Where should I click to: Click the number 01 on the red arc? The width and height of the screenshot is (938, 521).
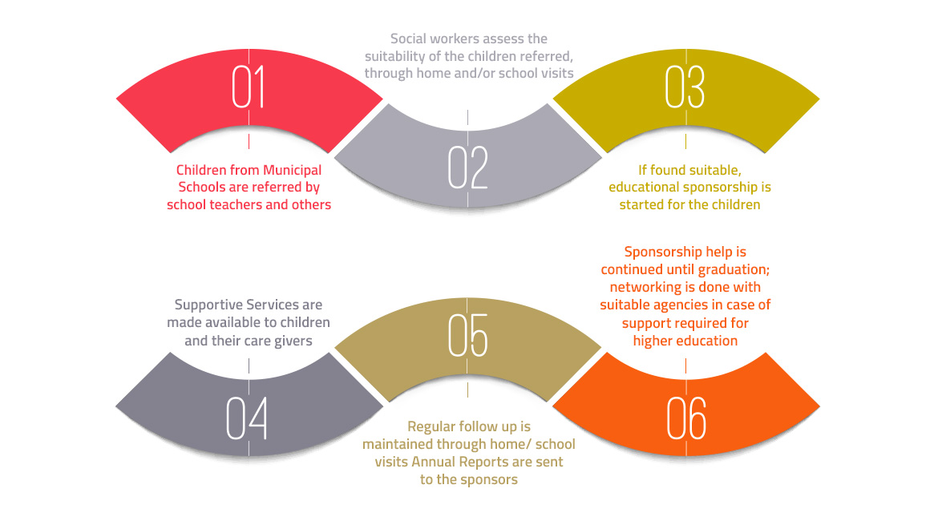[249, 87]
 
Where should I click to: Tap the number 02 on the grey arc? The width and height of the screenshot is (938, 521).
[468, 168]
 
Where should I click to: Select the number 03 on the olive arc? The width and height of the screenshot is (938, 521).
[685, 87]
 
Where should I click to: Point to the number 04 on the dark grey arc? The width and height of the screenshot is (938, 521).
[246, 418]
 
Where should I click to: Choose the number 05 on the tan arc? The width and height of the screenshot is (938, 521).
[468, 335]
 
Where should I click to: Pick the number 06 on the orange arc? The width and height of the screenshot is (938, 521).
[686, 418]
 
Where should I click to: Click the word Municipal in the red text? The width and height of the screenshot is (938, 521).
[292, 171]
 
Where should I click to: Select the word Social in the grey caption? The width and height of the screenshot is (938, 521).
[409, 39]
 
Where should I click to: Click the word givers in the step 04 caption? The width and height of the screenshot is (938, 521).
[293, 341]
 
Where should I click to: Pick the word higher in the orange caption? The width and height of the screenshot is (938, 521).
[653, 341]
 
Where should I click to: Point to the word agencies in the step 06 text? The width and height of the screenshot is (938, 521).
[680, 305]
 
